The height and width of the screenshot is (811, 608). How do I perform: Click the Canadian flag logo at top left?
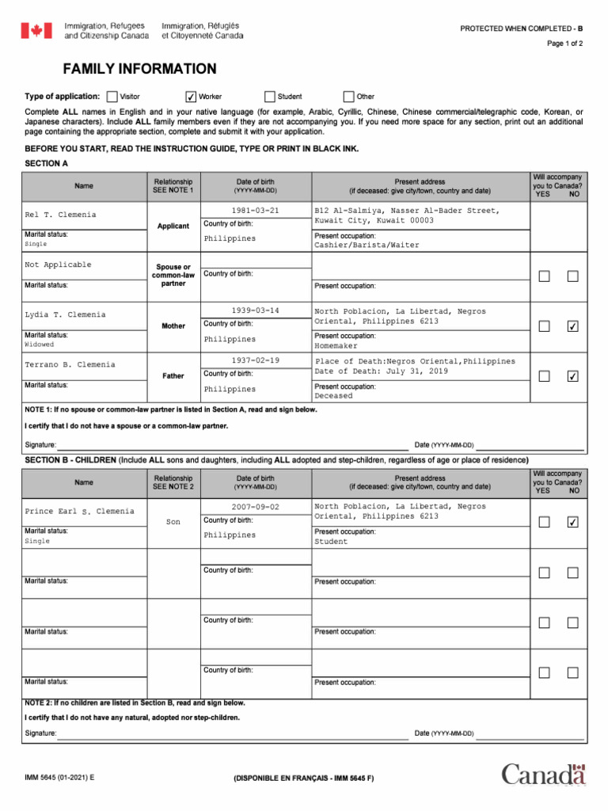(x=36, y=31)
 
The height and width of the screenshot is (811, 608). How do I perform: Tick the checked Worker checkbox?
(x=190, y=97)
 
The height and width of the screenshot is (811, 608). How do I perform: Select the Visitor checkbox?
(x=112, y=97)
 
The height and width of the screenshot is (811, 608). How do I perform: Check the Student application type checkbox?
(x=270, y=97)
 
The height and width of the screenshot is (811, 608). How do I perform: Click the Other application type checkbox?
(x=349, y=97)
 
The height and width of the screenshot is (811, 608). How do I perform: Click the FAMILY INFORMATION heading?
(x=139, y=69)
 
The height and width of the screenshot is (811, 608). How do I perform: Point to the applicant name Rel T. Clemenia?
(x=61, y=215)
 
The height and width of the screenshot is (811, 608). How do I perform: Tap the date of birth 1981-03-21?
(x=255, y=211)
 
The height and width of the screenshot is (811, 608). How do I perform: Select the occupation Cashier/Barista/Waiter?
(x=367, y=246)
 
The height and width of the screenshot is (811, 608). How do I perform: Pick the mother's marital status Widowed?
(x=40, y=345)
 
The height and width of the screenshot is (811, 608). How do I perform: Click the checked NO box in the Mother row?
(x=572, y=326)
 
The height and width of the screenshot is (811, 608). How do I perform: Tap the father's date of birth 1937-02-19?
(x=255, y=360)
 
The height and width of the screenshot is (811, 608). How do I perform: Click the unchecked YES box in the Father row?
(x=544, y=376)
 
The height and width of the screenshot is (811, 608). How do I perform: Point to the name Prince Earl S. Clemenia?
(x=79, y=512)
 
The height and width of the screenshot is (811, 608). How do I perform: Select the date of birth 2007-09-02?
(x=255, y=507)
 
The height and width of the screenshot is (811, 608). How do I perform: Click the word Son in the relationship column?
(x=173, y=523)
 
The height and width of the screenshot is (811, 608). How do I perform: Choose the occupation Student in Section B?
(x=331, y=543)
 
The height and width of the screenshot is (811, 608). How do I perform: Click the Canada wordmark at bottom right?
(x=543, y=774)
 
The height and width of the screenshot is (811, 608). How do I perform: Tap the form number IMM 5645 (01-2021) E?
(x=59, y=779)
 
